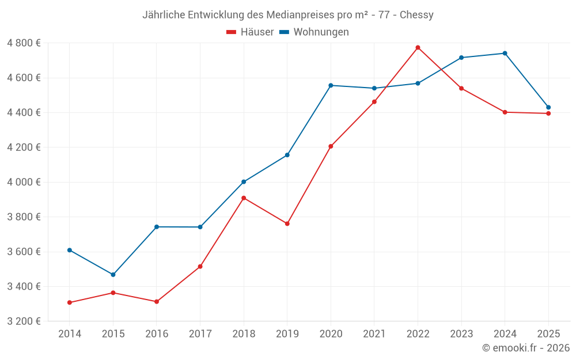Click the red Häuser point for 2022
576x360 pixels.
(418, 47)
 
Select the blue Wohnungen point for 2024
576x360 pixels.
(505, 53)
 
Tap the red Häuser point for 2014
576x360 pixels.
(70, 302)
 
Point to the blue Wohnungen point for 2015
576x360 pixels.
(113, 275)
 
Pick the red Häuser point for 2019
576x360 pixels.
(287, 223)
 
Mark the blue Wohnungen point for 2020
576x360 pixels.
(331, 85)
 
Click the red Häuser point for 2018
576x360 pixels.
(244, 198)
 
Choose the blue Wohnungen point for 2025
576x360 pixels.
(548, 107)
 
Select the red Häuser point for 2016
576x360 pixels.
(157, 302)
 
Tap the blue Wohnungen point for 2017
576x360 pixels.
(200, 227)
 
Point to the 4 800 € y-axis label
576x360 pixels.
(24, 43)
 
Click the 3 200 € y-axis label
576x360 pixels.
(24, 321)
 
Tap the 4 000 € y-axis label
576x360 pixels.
(24, 182)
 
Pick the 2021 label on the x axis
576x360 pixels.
(374, 334)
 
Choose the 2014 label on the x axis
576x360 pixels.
(70, 334)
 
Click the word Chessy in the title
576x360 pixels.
(417, 15)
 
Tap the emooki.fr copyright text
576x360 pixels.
(526, 348)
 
